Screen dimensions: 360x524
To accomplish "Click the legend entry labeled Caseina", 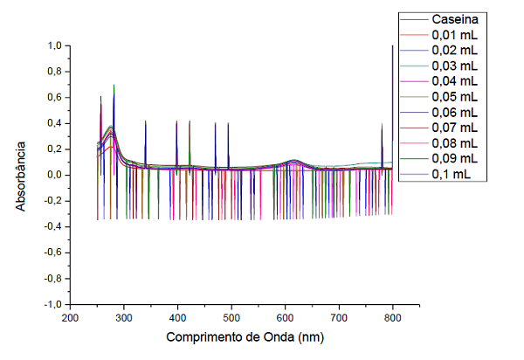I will click(x=455, y=18).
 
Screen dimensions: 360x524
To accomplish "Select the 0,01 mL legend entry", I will click(x=454, y=34).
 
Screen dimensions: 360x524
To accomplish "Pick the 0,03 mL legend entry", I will click(x=454, y=66).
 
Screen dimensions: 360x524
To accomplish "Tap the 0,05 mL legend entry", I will click(x=454, y=96).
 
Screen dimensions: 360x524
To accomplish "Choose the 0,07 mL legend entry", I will click(x=454, y=128).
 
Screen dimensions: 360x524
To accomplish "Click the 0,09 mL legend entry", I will click(x=454, y=158).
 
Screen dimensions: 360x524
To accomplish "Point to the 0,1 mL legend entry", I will click(x=452, y=174).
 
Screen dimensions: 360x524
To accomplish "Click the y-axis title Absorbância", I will click(x=22, y=175).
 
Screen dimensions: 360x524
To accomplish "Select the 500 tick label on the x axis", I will click(x=231, y=317).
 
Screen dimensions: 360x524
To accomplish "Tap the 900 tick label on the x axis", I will click(x=446, y=317).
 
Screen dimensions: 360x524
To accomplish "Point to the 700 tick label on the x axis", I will click(x=339, y=317).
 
